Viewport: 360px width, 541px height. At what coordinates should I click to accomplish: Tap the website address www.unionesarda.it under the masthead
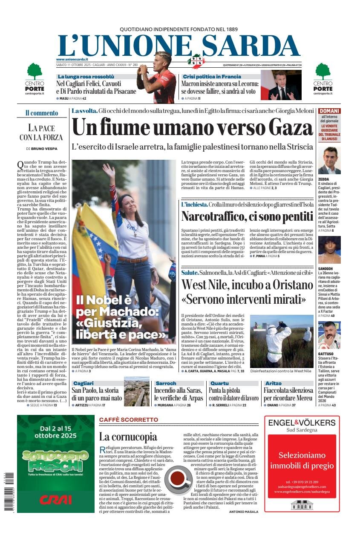tap(72, 59)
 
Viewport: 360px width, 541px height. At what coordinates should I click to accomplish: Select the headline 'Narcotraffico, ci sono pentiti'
tap(247, 216)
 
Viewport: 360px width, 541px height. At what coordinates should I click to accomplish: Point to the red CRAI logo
tap(56, 499)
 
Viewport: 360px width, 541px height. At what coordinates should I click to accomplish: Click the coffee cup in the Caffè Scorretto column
tap(178, 478)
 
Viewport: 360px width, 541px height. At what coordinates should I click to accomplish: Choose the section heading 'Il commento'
tap(42, 113)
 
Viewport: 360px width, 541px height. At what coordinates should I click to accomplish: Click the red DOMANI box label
tap(329, 111)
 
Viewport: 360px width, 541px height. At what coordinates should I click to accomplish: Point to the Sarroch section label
tap(166, 383)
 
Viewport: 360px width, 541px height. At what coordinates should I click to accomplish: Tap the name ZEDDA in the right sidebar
tap(323, 179)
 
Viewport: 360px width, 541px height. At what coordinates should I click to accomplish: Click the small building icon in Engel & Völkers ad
tap(302, 505)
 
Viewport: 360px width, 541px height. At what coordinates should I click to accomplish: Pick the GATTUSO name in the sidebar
tap(326, 354)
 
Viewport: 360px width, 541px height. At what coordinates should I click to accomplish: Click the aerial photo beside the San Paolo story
tap(137, 391)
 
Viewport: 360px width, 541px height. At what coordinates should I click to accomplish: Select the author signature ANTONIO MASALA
tap(243, 512)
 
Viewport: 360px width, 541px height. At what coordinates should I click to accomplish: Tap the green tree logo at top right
tap(323, 71)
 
